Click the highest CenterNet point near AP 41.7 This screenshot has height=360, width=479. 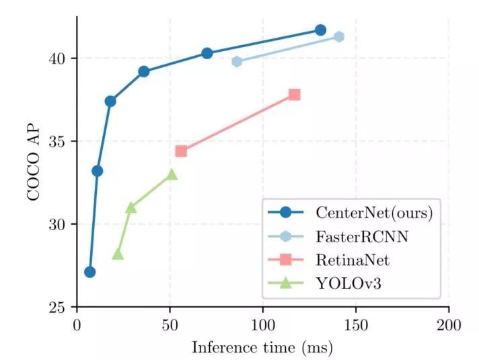pyautogui.click(x=320, y=30)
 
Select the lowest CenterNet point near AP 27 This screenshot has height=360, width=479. pyautogui.click(x=89, y=272)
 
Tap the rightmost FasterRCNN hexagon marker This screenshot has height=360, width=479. pyautogui.click(x=339, y=36)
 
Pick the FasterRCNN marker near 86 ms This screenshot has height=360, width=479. pyautogui.click(x=237, y=61)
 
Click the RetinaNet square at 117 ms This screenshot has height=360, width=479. pyautogui.click(x=294, y=95)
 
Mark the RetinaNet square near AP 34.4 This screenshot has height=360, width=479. pyautogui.click(x=181, y=151)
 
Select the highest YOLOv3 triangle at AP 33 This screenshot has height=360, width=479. pyautogui.click(x=172, y=174)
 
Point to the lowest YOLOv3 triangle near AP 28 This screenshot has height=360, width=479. pyautogui.click(x=118, y=254)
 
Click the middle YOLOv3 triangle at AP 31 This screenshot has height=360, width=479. pyautogui.click(x=131, y=207)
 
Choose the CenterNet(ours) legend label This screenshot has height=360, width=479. pyautogui.click(x=373, y=213)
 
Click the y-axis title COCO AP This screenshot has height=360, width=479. pyautogui.click(x=32, y=162)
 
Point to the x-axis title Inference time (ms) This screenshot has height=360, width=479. pyautogui.click(x=262, y=348)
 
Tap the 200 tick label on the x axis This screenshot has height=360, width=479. pyautogui.click(x=449, y=326)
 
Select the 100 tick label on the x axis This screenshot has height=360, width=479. pyautogui.click(x=262, y=326)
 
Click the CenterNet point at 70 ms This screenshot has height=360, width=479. pyautogui.click(x=207, y=53)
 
